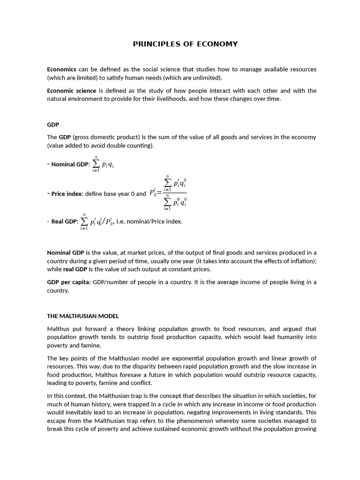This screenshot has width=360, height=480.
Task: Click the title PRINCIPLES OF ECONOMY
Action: pos(185,44)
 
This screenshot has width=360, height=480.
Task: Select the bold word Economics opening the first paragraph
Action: pos(61,69)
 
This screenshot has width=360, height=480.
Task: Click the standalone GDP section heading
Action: pos(53,125)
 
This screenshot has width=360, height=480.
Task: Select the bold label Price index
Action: pos(67,194)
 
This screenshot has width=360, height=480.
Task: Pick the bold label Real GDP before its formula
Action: pos(64,222)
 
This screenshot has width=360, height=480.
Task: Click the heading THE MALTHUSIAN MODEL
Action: pos(79,316)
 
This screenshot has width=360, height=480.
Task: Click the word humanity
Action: pos(288,337)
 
